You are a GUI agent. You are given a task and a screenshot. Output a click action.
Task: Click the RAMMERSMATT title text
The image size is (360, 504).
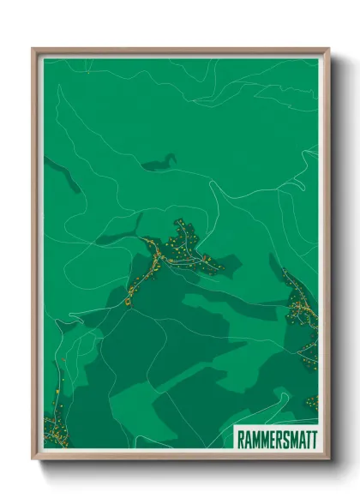pyautogui.click(x=276, y=437)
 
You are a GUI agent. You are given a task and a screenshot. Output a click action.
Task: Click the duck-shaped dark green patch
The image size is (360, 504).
pyautogui.click(x=160, y=163)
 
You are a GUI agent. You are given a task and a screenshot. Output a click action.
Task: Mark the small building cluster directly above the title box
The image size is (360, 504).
pyautogui.click(x=312, y=403)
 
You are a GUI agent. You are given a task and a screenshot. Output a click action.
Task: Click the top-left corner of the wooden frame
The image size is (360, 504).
pyautogui.click(x=33, y=50)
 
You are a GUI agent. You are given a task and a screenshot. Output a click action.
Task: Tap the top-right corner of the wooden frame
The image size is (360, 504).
pyautogui.click(x=328, y=50)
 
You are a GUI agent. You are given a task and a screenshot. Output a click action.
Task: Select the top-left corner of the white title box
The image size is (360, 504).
pyautogui.click(x=234, y=427)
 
